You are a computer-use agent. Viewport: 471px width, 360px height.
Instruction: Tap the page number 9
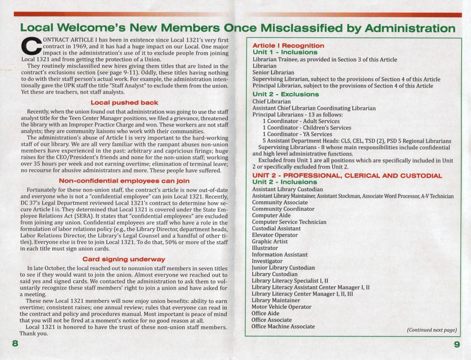(x=456, y=344)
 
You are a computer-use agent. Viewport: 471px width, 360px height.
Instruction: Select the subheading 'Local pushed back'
(x=125, y=103)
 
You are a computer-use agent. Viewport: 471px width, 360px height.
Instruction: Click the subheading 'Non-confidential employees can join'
(x=125, y=181)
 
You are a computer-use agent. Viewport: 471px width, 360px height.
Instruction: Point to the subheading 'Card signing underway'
(x=124, y=259)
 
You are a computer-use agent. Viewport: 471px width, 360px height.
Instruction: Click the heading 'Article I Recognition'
(x=288, y=45)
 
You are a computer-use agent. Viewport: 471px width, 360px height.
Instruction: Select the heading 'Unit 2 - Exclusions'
(x=285, y=94)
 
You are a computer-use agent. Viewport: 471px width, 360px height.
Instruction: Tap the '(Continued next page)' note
(x=432, y=330)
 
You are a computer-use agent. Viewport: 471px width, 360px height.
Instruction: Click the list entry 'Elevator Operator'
(x=275, y=235)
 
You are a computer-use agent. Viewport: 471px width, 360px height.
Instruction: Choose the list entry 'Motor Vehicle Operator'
(x=281, y=307)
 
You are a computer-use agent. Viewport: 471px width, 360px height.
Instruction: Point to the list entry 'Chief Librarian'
(x=272, y=102)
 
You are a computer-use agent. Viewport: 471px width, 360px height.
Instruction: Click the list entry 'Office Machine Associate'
(x=283, y=326)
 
